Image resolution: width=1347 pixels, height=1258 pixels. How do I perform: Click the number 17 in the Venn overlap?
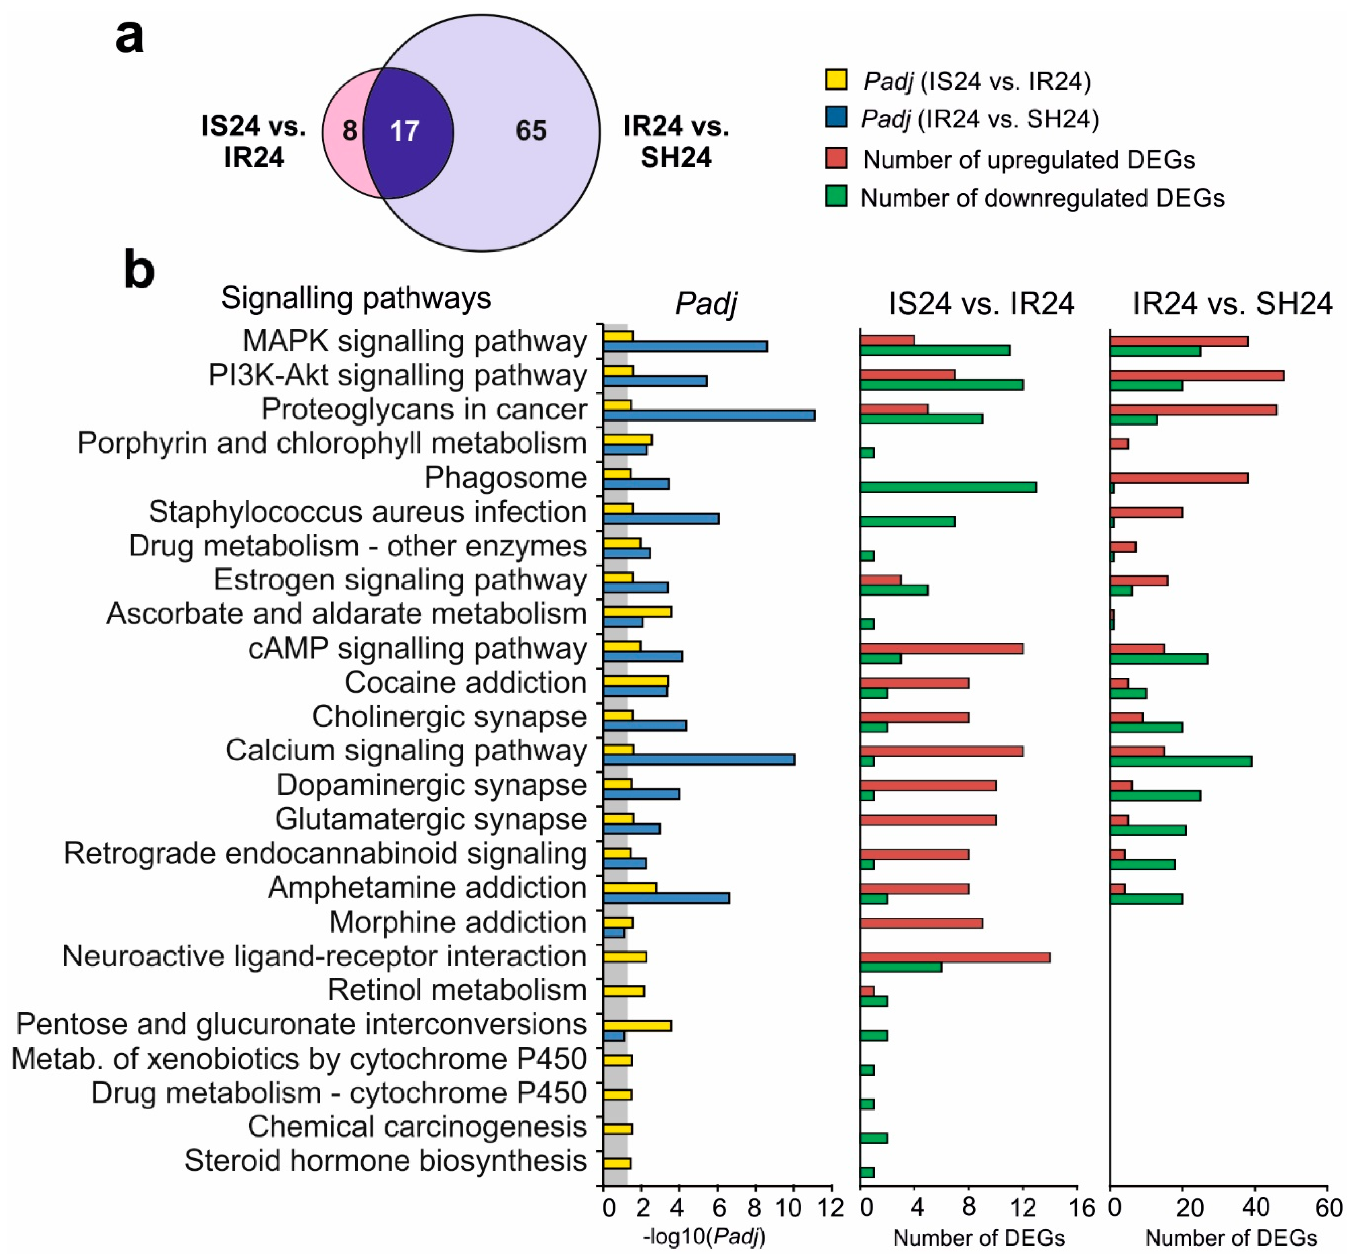pos(404,131)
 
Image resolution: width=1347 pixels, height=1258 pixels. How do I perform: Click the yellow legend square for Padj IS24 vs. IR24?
pos(836,79)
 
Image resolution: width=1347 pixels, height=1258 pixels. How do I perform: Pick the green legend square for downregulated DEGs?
pos(836,197)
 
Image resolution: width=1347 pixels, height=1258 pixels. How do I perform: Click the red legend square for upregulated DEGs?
pos(836,158)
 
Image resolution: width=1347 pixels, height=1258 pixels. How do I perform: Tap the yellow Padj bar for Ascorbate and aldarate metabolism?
pos(637,612)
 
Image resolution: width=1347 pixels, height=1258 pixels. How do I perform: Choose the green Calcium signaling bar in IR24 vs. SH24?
pos(1180,761)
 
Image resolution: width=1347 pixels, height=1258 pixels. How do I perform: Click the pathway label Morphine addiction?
pos(458,922)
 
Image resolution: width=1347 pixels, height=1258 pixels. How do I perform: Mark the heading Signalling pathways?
pos(356,298)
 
